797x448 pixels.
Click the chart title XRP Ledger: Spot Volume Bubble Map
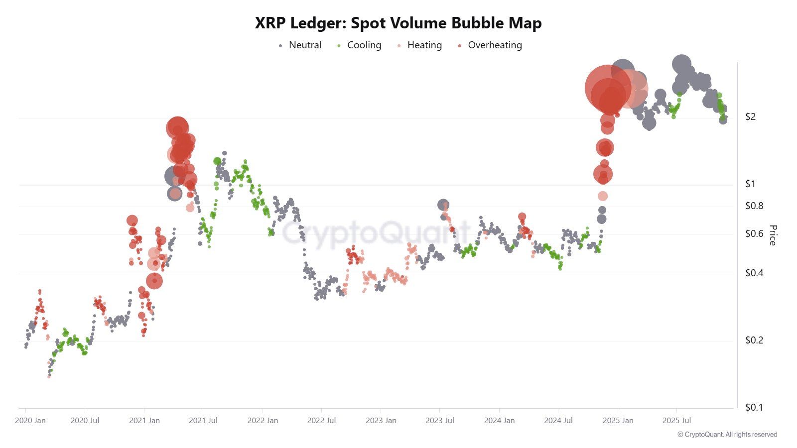pyautogui.click(x=398, y=23)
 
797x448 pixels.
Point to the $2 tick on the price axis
pyautogui.click(x=750, y=116)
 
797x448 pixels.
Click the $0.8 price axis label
pyautogui.click(x=754, y=206)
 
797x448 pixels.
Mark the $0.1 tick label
pyautogui.click(x=754, y=407)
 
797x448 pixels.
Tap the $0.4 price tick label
pyautogui.click(x=754, y=273)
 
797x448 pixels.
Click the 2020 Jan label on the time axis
pyautogui.click(x=30, y=421)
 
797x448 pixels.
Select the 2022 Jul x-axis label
pyautogui.click(x=321, y=421)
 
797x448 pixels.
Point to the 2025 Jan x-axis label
pyautogui.click(x=618, y=421)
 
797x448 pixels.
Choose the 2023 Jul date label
pyautogui.click(x=440, y=421)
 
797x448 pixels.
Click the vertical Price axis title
pyautogui.click(x=773, y=235)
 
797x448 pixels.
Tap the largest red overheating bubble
pyautogui.click(x=608, y=88)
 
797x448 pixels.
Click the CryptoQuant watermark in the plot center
pyautogui.click(x=376, y=232)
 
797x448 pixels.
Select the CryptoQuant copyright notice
pyautogui.click(x=727, y=435)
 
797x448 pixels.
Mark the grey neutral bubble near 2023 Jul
pyautogui.click(x=443, y=205)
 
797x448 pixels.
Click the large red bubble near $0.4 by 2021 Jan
pyautogui.click(x=154, y=281)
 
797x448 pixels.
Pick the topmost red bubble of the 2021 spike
pyautogui.click(x=177, y=128)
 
